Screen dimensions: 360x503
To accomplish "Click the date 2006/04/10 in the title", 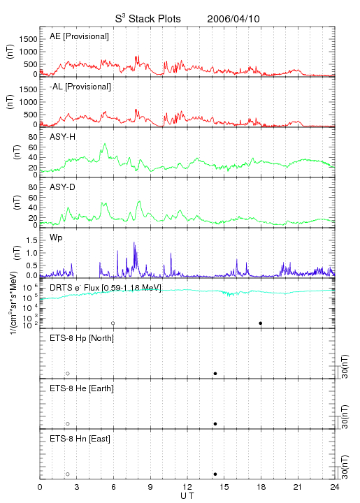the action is [x=233, y=19].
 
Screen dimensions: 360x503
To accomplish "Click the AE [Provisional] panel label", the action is [x=79, y=36].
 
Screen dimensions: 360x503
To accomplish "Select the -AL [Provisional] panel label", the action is [x=80, y=87].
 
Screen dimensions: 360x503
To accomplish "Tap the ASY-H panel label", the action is [x=63, y=137].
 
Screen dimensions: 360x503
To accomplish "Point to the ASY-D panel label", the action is [x=63, y=187].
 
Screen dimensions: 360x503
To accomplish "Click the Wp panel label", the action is [x=56, y=238].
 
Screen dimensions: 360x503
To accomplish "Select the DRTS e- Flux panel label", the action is [x=106, y=288].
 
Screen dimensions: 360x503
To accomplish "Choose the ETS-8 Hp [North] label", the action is [x=82, y=338].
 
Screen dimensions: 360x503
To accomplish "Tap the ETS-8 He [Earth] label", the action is [x=82, y=388].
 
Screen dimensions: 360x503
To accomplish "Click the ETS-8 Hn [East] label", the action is [x=80, y=439].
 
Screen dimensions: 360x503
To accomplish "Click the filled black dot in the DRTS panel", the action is [x=261, y=323].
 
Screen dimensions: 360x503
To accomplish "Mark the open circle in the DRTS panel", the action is [x=113, y=323].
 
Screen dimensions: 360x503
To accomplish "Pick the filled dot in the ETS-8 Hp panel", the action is [x=215, y=373].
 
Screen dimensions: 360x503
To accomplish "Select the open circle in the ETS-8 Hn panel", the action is [x=68, y=474].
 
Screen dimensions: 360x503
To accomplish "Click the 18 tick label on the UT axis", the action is [x=261, y=487].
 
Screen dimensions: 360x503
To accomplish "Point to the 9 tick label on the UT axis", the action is [x=150, y=487].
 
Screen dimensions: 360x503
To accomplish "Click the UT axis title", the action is [x=187, y=496].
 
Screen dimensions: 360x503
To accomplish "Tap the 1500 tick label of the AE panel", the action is [x=29, y=39].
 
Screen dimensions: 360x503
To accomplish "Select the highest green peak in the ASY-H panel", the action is [x=105, y=144].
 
